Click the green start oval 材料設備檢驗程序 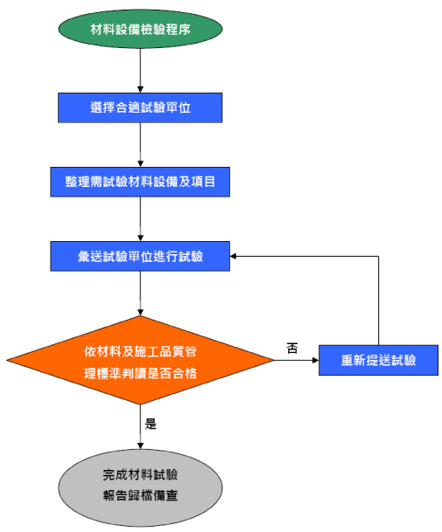coord(140,29)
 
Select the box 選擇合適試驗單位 coord(140,107)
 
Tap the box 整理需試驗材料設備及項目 coord(140,182)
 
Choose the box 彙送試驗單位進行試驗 coord(140,256)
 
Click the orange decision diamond coord(140,360)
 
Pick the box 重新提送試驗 coord(378,360)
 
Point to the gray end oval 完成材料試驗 coord(140,487)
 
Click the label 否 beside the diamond coord(292,348)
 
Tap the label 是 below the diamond coord(151,424)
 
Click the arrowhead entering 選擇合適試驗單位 coord(140,89)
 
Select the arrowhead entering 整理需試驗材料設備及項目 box coord(140,163)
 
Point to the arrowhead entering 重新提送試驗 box coord(315,360)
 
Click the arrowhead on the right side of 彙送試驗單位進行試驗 coord(234,256)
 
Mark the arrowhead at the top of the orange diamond coord(140,312)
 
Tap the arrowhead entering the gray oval coord(140,446)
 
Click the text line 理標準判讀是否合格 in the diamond coord(140,373)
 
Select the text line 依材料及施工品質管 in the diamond coord(140,351)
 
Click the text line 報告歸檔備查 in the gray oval coord(140,495)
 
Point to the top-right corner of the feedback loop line coord(378,256)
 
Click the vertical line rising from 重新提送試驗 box coord(378,301)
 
